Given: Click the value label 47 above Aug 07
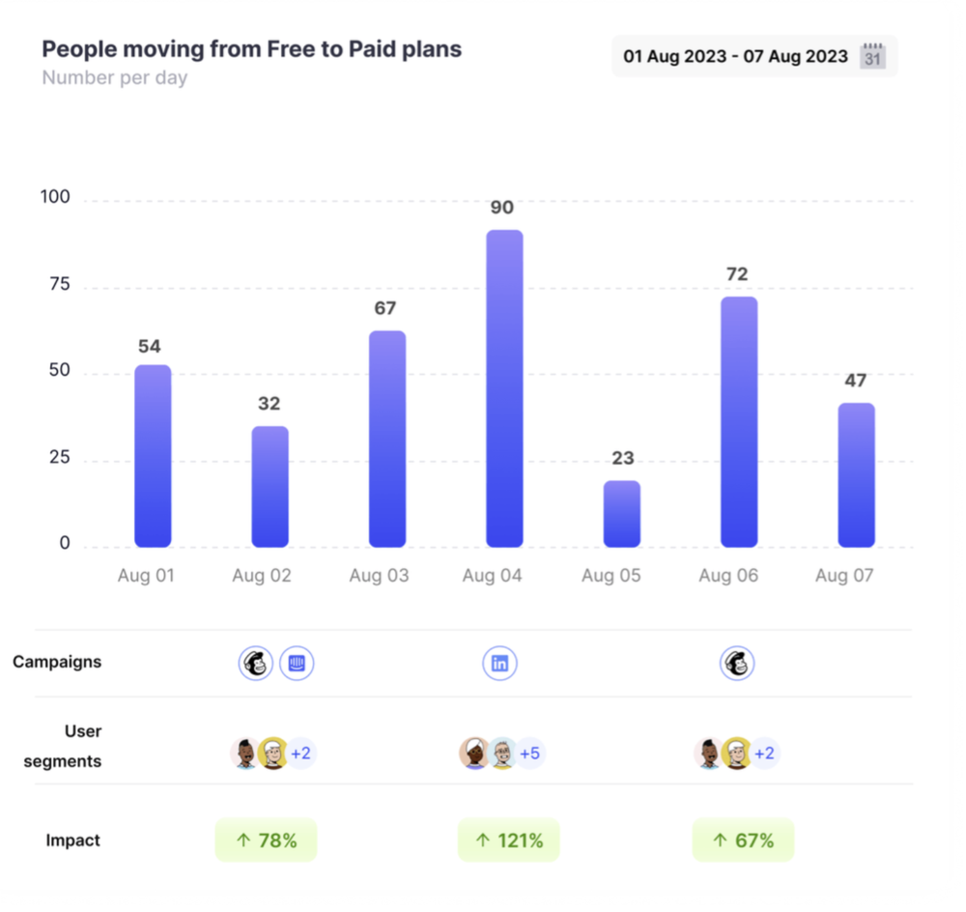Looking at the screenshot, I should tap(856, 381).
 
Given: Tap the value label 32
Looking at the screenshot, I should tap(270, 404).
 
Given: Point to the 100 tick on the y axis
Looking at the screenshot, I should tap(54, 198).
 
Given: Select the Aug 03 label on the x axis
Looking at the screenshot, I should tap(379, 576).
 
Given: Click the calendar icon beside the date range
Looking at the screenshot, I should tap(873, 55).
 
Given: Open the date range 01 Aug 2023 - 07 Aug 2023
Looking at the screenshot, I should tap(735, 56).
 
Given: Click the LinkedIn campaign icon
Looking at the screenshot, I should tap(500, 664).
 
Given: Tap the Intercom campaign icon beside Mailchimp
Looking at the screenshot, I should tap(297, 664).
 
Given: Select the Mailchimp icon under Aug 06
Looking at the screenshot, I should tap(737, 664).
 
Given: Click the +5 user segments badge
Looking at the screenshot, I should tap(529, 754).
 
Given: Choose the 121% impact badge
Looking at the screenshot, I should tap(508, 841).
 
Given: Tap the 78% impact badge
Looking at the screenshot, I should tap(266, 841).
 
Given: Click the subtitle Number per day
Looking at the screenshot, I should tap(114, 78).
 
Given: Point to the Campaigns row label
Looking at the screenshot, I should tap(57, 663).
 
